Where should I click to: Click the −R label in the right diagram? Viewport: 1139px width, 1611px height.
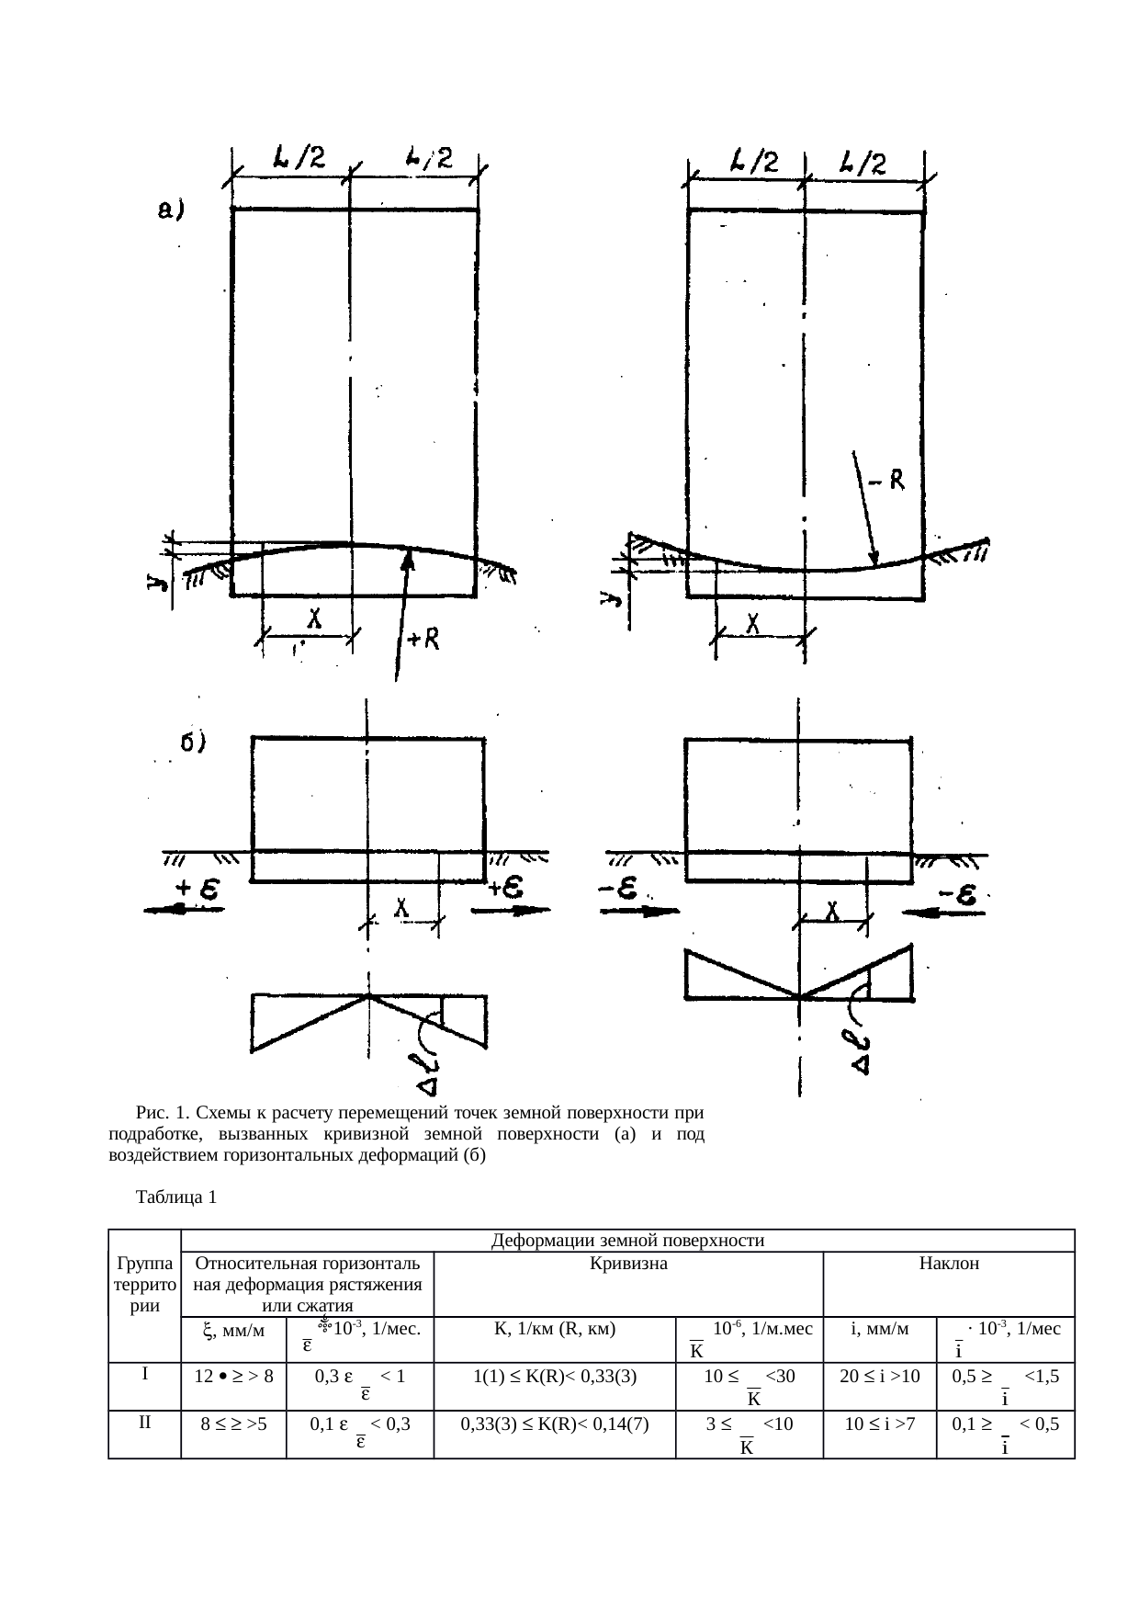tap(888, 480)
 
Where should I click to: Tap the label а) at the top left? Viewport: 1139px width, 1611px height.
tap(168, 212)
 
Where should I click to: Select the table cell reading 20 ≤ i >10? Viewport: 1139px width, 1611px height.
tap(879, 1376)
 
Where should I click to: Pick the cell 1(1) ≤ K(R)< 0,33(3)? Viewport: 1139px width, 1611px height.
tap(554, 1376)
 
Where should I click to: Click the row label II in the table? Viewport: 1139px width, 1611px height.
tap(144, 1422)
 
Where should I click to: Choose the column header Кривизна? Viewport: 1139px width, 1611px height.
tap(627, 1264)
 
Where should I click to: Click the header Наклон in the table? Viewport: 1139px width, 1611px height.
tap(949, 1264)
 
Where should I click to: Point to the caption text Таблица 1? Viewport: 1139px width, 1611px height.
tap(175, 1198)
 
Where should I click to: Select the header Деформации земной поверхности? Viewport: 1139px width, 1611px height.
tap(628, 1242)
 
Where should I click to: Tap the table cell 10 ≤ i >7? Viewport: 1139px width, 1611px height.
tap(879, 1424)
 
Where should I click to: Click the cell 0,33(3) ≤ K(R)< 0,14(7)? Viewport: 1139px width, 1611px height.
tap(554, 1424)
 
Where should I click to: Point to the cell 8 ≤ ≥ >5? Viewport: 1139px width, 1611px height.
tap(233, 1424)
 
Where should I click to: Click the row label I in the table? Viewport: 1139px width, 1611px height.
tap(144, 1373)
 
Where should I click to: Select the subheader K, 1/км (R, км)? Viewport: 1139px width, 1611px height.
tap(554, 1329)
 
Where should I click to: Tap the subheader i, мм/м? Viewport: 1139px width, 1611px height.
tap(879, 1329)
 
